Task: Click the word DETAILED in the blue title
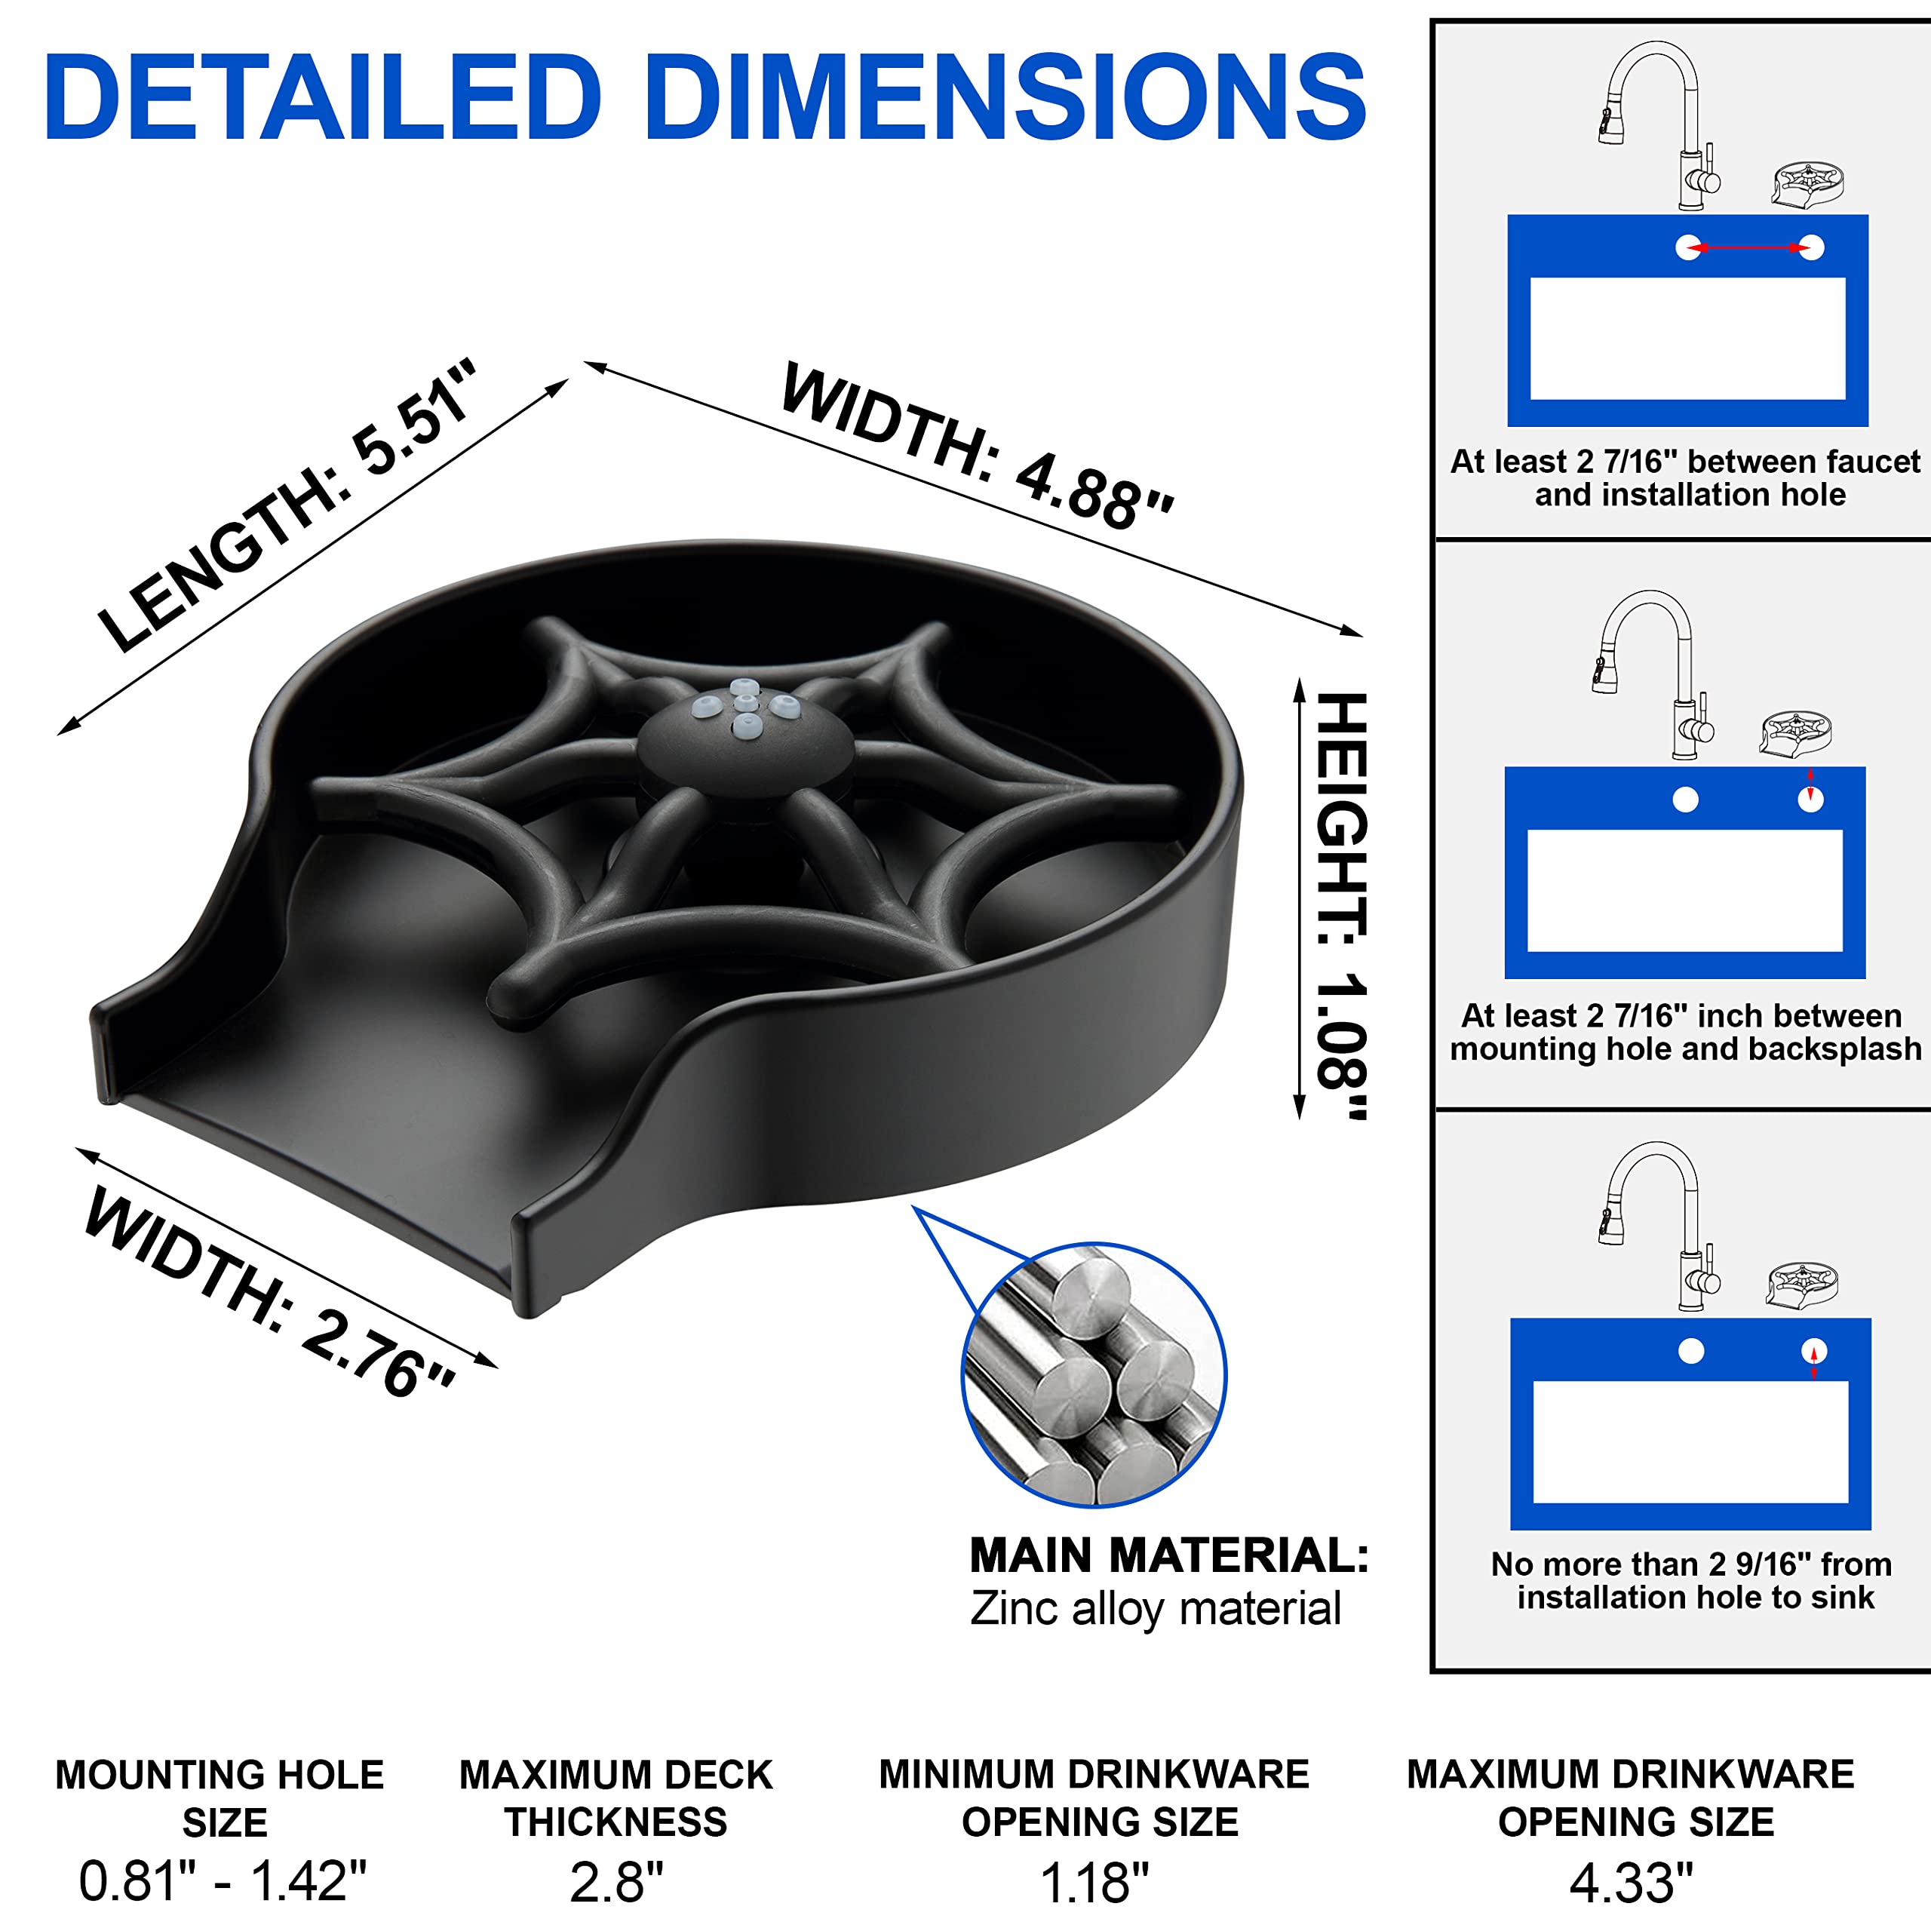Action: tap(323, 97)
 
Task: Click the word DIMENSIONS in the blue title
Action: tap(1006, 97)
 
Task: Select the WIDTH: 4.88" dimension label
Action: tap(978, 445)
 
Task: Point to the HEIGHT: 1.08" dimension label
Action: tap(1341, 905)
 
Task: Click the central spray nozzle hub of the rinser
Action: tap(745, 740)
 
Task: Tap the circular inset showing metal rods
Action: tap(1094, 1374)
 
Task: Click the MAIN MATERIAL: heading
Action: tap(1169, 1555)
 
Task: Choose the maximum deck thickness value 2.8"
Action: tap(617, 1882)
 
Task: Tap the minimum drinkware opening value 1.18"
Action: tap(1094, 1882)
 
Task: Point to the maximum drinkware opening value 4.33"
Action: tap(1631, 1882)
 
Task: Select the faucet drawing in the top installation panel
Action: tap(1659, 126)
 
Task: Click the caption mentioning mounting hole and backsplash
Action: tap(1686, 1031)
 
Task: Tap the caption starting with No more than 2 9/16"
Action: tap(1691, 1580)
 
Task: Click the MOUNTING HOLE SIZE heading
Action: tap(221, 1798)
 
